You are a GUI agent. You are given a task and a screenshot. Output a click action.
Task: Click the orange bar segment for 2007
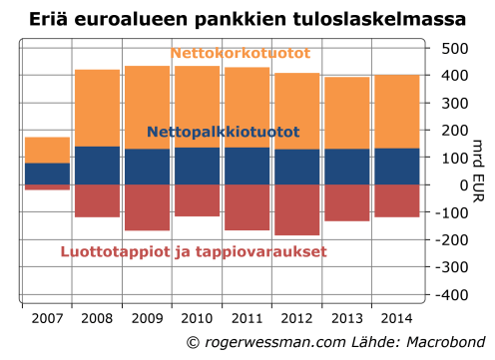47,150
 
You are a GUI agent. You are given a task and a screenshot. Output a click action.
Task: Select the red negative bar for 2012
296,209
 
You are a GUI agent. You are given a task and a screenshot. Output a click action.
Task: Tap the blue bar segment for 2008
97,166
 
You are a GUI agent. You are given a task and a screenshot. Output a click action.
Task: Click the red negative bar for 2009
147,207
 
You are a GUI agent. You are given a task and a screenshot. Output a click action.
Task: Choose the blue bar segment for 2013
346,167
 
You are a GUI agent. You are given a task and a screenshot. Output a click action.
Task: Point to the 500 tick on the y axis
455,48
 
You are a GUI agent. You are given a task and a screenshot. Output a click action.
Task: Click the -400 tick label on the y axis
452,296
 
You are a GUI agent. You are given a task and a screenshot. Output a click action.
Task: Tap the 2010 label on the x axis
197,320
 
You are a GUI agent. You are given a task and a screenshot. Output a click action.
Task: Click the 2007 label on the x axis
47,320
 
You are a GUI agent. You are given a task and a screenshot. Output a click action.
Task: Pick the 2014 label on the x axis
396,320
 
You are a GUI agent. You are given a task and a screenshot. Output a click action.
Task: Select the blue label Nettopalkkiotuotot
223,132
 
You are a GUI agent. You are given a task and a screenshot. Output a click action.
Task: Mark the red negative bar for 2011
247,207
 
